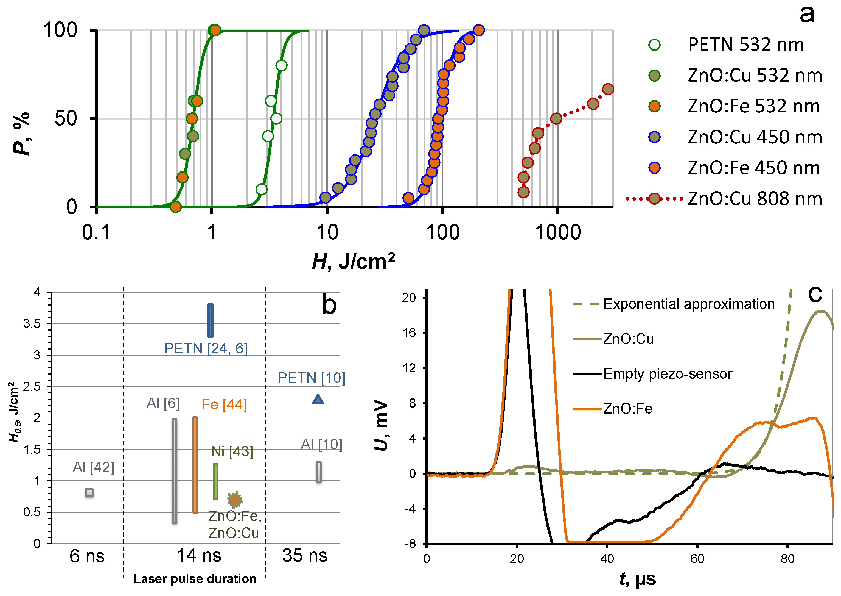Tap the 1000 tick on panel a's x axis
point(558,232)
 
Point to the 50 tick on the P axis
point(66,118)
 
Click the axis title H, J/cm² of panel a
point(353,261)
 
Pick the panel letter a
point(806,15)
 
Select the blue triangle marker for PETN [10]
point(318,399)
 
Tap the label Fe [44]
point(224,404)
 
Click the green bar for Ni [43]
point(215,481)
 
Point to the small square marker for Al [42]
point(89,492)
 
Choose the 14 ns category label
point(199,555)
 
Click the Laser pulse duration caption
point(195,579)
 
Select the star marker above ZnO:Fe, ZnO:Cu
point(235,500)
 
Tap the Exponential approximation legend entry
point(688,304)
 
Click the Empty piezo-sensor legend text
point(668,374)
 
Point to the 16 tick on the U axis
point(410,333)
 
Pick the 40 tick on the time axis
point(607,559)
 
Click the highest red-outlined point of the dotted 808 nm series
point(608,89)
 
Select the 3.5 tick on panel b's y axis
point(32,323)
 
